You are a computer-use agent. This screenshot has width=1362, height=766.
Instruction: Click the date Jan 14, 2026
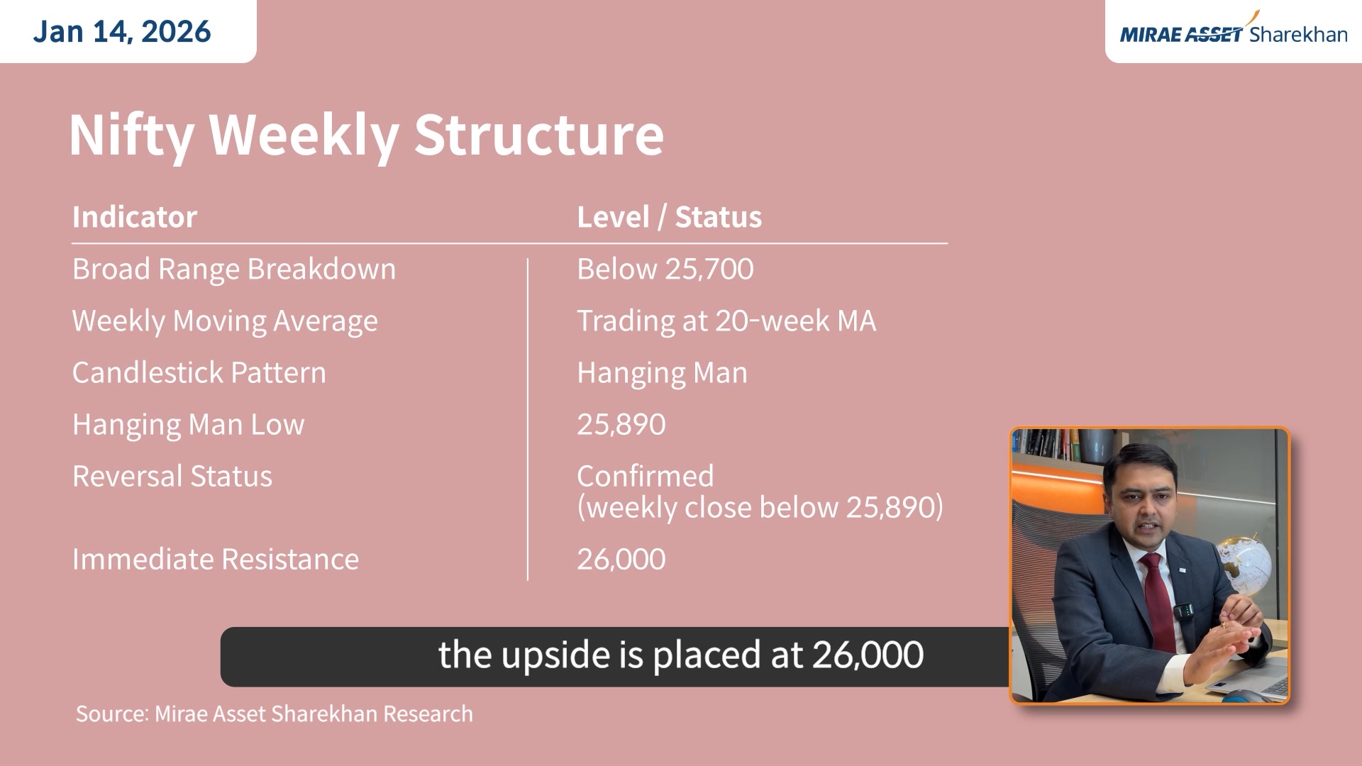click(x=122, y=31)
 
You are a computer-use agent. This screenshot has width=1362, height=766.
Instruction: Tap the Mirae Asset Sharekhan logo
click(x=1233, y=33)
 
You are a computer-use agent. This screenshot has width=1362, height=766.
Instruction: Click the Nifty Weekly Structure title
click(x=366, y=135)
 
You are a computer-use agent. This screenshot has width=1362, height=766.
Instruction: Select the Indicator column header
click(x=135, y=217)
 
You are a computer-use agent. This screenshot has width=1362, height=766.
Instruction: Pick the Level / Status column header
click(x=669, y=217)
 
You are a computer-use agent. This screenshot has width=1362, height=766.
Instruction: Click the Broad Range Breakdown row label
click(x=234, y=269)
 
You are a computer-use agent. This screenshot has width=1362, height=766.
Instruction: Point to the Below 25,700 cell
click(x=665, y=269)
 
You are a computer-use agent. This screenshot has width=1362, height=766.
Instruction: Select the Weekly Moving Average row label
click(x=225, y=321)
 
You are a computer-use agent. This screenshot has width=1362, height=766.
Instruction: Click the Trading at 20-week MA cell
click(x=726, y=321)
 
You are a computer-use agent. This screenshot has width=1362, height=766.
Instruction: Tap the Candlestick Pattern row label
click(x=199, y=372)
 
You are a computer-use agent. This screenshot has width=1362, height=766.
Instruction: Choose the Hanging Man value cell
click(x=662, y=372)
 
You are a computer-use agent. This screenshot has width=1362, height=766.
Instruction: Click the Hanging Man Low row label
click(x=188, y=424)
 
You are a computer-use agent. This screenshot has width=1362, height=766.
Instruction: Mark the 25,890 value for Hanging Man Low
click(x=621, y=424)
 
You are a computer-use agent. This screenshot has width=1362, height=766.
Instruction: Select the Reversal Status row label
click(x=172, y=476)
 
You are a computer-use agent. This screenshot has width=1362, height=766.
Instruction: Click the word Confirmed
click(x=645, y=476)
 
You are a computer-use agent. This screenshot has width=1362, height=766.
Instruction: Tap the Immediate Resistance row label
click(x=216, y=559)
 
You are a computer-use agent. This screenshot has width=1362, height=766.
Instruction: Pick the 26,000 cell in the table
click(x=621, y=559)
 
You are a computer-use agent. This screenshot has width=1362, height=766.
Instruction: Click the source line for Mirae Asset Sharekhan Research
click(x=274, y=714)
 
